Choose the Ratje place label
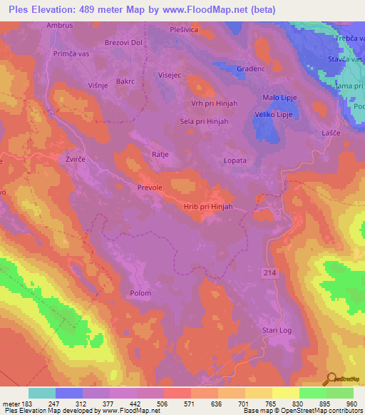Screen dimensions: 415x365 140,153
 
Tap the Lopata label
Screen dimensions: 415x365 235,160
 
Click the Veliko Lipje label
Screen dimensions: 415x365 274,114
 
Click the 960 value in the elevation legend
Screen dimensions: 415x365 351,404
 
